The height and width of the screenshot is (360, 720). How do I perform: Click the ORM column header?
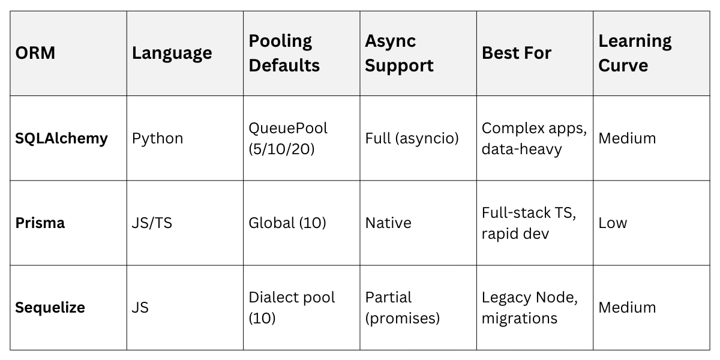pos(35,53)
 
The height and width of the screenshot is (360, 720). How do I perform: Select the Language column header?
pos(172,53)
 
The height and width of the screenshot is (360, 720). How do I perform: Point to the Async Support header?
pos(399,53)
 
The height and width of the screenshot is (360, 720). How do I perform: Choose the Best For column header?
pos(517,53)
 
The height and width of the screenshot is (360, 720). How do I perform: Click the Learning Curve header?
pos(635,53)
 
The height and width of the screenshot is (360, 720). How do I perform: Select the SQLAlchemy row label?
pos(61,138)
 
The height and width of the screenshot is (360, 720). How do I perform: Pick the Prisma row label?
pos(40,223)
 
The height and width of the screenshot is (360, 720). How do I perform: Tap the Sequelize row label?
pos(50,307)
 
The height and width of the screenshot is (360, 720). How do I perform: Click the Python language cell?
pos(158,138)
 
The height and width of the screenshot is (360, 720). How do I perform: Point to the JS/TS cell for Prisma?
pos(152,223)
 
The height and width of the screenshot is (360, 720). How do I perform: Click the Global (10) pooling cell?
pos(287,223)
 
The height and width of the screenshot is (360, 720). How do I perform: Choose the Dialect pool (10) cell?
pos(292,307)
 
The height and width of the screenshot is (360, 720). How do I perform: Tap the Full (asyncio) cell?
pos(412,138)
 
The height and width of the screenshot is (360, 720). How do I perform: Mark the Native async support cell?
pos(388,223)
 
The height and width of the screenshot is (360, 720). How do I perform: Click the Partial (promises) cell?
pos(403,307)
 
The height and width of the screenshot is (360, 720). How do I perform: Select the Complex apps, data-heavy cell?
pos(533,138)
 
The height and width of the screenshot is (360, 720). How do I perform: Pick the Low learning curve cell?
pos(613,223)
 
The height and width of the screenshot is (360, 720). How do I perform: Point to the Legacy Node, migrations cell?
pos(530,307)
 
